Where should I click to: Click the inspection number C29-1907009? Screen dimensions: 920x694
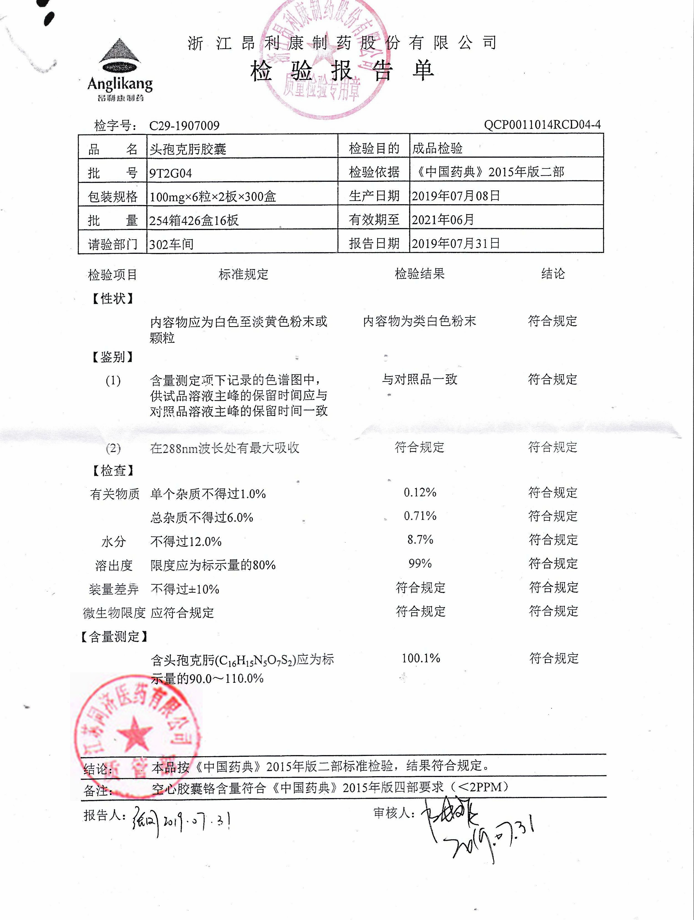(184, 125)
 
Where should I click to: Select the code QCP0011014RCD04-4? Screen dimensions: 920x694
(542, 124)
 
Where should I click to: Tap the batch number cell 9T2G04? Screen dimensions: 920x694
(170, 173)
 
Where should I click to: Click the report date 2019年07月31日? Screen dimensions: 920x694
(456, 243)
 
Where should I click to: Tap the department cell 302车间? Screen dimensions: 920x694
(171, 244)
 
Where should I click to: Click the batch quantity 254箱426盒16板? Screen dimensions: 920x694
(194, 220)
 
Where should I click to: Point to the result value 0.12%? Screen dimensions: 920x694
(420, 492)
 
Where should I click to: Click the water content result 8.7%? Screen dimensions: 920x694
(420, 540)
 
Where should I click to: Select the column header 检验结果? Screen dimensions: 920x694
(419, 274)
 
